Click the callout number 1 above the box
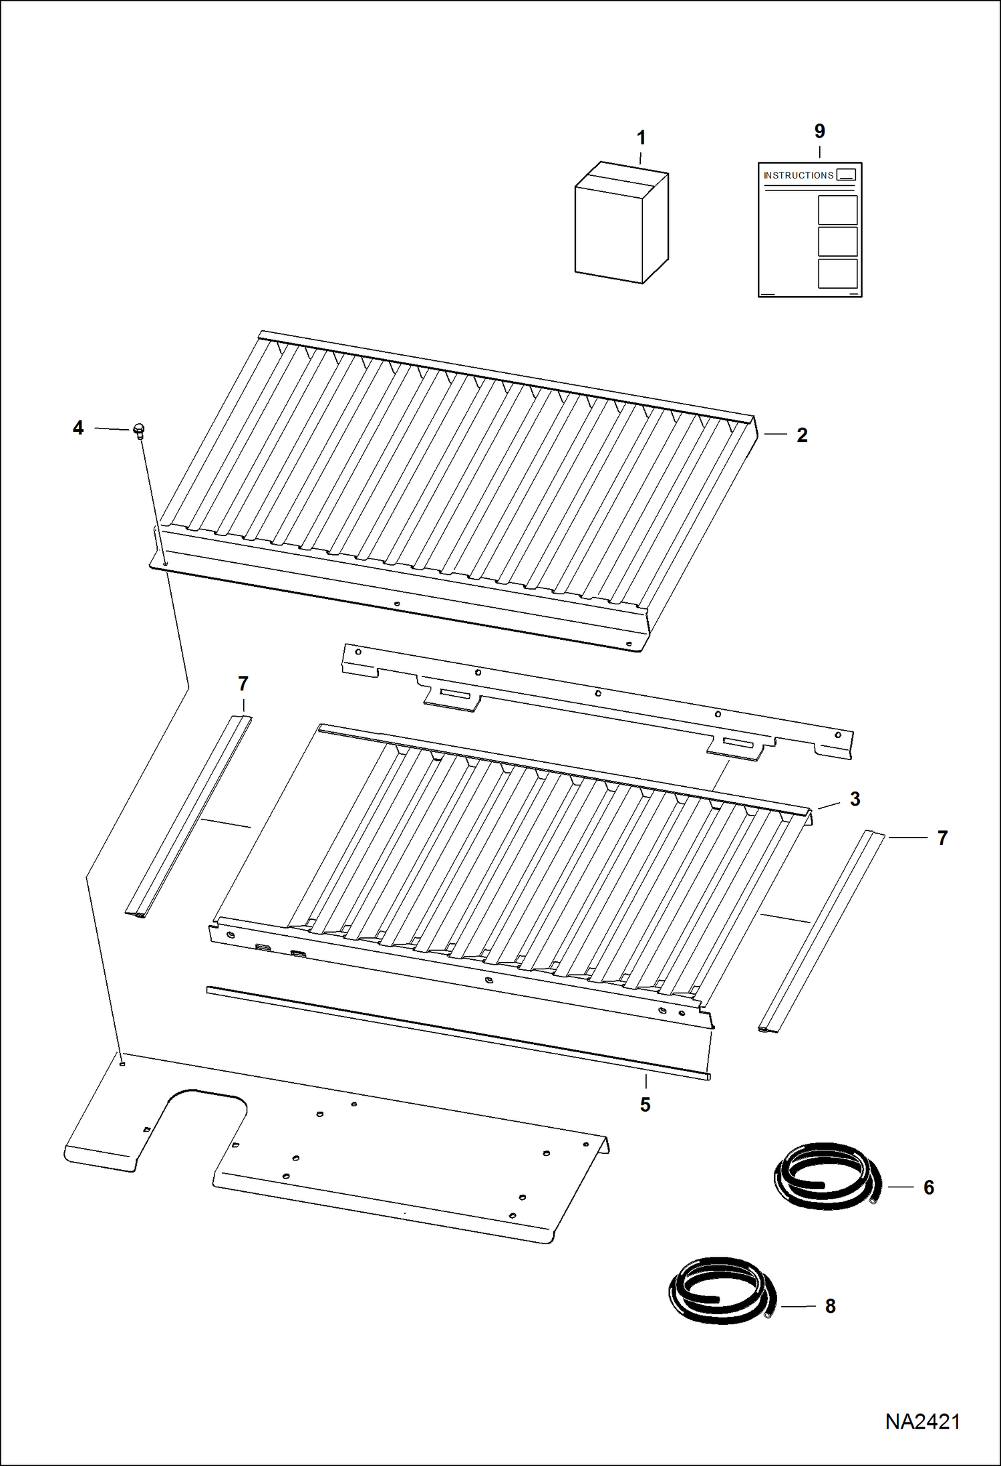point(641,138)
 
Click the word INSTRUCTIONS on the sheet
point(798,175)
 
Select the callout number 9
point(819,131)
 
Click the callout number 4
point(78,428)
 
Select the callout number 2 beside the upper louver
point(802,435)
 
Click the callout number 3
point(855,799)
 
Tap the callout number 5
point(645,1104)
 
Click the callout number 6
point(928,1187)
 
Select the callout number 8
point(830,1306)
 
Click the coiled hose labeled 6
point(827,1177)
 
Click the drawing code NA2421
point(922,1422)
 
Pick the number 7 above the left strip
point(243,684)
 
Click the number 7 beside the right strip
point(942,838)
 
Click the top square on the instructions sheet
point(837,210)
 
